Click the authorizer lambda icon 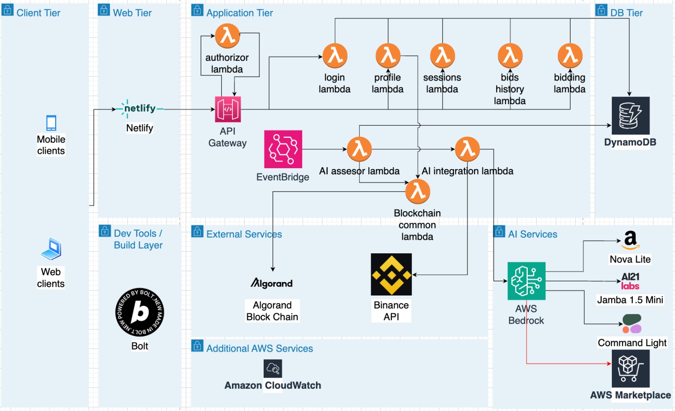pyautogui.click(x=227, y=36)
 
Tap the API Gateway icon pyautogui.click(x=228, y=109)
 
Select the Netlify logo pyautogui.click(x=140, y=109)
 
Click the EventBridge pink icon pyautogui.click(x=283, y=149)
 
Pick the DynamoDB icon pyautogui.click(x=630, y=116)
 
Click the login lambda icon pyautogui.click(x=335, y=56)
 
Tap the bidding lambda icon pyautogui.click(x=570, y=56)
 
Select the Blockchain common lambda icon pyautogui.click(x=418, y=191)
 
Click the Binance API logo pyautogui.click(x=391, y=274)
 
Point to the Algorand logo pyautogui.click(x=272, y=283)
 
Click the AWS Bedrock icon pyautogui.click(x=526, y=281)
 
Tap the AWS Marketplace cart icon pyautogui.click(x=630, y=368)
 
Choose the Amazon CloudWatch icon pyautogui.click(x=273, y=369)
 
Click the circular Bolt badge pyautogui.click(x=140, y=312)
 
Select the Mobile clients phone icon pyautogui.click(x=51, y=123)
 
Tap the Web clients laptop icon pyautogui.click(x=51, y=249)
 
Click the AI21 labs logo pyautogui.click(x=630, y=281)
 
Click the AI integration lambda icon pyautogui.click(x=467, y=149)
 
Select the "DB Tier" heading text pyautogui.click(x=626, y=13)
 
